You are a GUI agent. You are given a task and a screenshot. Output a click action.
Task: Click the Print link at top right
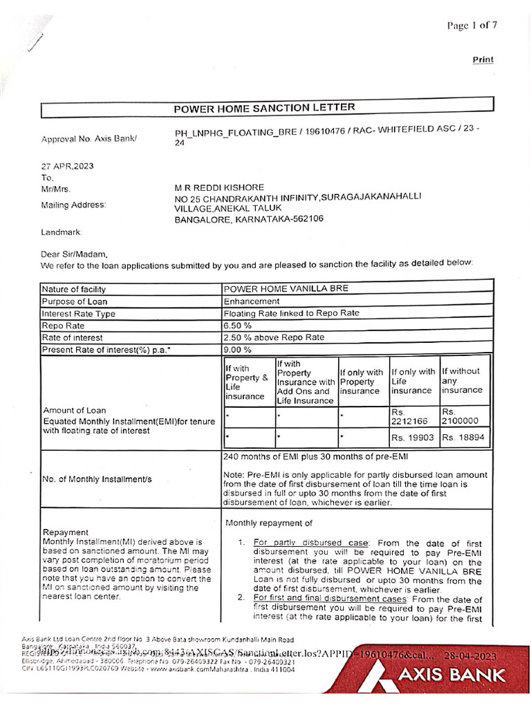click(483, 59)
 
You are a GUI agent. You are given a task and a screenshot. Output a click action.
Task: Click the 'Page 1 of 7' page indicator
click(472, 26)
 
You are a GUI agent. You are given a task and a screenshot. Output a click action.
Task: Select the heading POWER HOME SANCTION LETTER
click(264, 108)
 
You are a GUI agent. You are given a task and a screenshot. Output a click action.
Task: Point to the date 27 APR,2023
click(67, 166)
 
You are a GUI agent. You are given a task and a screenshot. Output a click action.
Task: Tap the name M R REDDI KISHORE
click(220, 188)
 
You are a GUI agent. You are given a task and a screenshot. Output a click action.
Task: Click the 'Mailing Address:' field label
click(74, 205)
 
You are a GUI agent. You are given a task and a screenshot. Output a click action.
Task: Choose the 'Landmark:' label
click(61, 232)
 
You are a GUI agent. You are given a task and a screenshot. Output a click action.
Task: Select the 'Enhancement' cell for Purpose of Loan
click(252, 301)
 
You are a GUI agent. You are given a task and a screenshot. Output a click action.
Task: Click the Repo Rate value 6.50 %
click(237, 326)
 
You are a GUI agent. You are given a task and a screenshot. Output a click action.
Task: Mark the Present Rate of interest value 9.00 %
click(237, 350)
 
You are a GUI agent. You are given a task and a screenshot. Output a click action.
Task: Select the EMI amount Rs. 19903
click(413, 438)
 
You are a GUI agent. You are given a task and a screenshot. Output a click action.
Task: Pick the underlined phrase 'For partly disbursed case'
click(310, 543)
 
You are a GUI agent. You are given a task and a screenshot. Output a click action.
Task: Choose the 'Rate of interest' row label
click(73, 338)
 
